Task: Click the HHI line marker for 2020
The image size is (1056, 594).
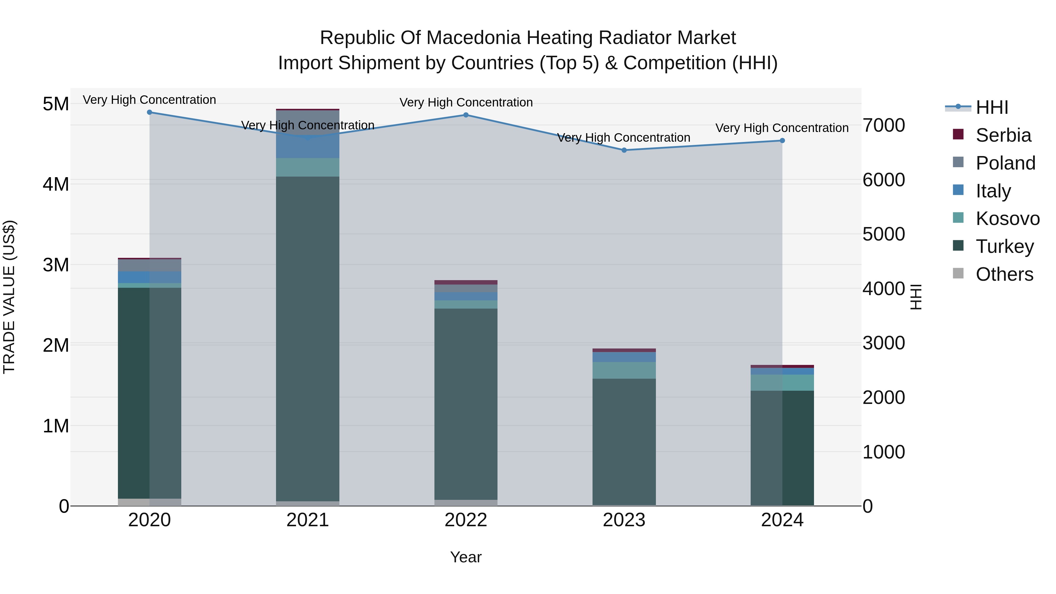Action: pyautogui.click(x=149, y=112)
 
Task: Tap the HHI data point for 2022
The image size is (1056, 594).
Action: pyautogui.click(x=466, y=115)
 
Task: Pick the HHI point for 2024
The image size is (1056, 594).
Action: pyautogui.click(x=782, y=141)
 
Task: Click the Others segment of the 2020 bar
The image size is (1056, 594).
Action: pyautogui.click(x=149, y=502)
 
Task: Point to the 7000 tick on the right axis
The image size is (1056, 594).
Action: pyautogui.click(x=884, y=126)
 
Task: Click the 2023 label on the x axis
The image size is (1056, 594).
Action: pyautogui.click(x=624, y=520)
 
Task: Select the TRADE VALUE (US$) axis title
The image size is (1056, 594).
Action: pyautogui.click(x=9, y=297)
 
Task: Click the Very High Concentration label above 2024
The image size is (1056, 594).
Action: pyautogui.click(x=782, y=128)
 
